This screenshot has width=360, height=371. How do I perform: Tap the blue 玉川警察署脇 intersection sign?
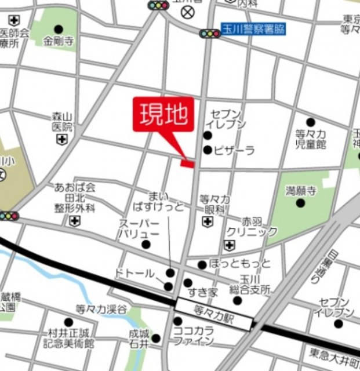(254, 28)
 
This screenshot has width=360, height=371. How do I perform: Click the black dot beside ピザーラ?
(208, 151)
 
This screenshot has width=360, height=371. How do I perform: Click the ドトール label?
(134, 272)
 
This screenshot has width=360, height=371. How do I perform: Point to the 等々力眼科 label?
(215, 204)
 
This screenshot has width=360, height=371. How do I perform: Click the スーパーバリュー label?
(139, 228)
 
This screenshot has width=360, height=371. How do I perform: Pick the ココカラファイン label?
(194, 334)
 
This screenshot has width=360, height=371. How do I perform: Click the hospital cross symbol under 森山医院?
(61, 140)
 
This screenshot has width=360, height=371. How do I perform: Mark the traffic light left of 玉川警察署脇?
(209, 34)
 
